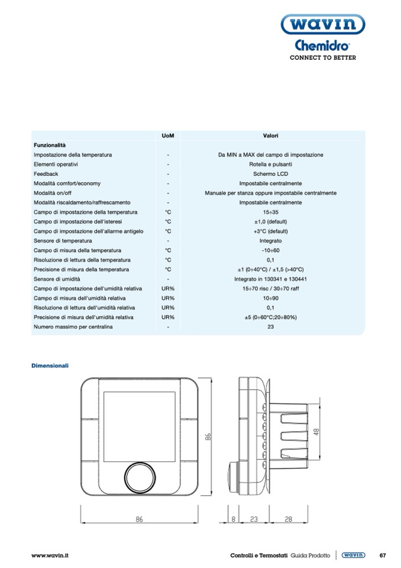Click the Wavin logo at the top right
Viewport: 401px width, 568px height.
[322, 26]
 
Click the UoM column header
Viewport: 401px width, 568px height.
[168, 136]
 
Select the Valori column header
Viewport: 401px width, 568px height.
[270, 136]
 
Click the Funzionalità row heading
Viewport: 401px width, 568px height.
[50, 145]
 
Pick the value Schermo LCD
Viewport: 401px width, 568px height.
[270, 174]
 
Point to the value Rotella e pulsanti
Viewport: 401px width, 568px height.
[270, 164]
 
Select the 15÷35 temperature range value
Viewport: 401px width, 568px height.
[270, 212]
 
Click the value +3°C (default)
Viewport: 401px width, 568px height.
[270, 232]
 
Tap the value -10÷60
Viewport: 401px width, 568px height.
[270, 251]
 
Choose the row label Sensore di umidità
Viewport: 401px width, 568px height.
[57, 279]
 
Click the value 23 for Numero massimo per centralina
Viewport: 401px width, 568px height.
[270, 327]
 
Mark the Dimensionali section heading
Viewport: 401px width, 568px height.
[50, 365]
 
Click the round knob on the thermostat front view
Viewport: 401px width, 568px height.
[140, 474]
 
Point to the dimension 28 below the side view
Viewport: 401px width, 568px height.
[288, 519]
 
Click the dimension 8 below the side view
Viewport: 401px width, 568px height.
[234, 519]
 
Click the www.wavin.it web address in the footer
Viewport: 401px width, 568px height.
[50, 555]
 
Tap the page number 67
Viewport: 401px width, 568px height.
[382, 555]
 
